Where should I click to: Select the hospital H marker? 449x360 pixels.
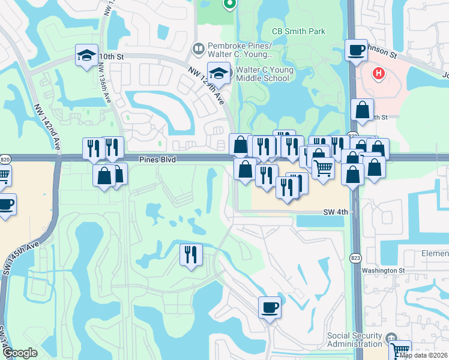(x=378, y=74)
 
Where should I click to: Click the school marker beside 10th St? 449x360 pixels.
(x=86, y=55)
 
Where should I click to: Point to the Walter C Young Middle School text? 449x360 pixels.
(x=265, y=74)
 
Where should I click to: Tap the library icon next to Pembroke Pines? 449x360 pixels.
(x=197, y=47)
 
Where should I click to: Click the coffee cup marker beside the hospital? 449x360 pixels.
(x=357, y=50)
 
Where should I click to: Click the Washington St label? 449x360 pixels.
(x=383, y=271)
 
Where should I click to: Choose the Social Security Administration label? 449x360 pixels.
(x=354, y=340)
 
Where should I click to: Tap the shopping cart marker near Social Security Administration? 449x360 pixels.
(x=399, y=350)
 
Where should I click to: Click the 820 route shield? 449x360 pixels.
(x=5, y=160)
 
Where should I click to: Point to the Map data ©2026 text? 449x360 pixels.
(x=424, y=355)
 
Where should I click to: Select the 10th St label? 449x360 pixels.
(x=111, y=56)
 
